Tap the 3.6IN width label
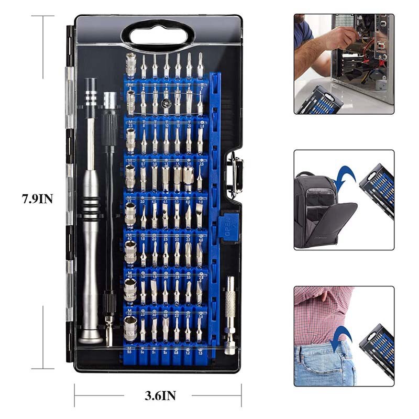[160, 395]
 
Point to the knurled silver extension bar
[230, 304]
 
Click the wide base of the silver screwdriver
[91, 335]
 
